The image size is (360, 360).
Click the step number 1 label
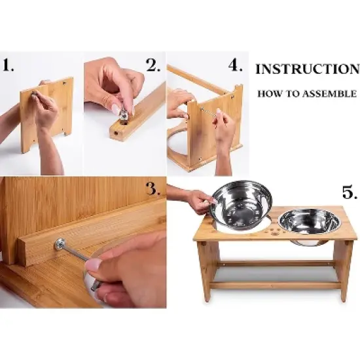(x=9, y=65)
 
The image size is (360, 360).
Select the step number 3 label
(x=153, y=189)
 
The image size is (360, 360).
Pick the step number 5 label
(x=350, y=192)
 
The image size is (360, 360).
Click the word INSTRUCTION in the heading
(x=308, y=69)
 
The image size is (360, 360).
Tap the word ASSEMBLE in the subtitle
(x=330, y=94)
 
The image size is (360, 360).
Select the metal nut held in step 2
(x=123, y=115)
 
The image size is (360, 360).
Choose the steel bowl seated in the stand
(x=309, y=225)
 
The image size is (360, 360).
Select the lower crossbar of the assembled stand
(x=276, y=285)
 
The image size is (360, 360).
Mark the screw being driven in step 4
(x=208, y=111)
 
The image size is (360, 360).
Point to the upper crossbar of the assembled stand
(x=276, y=264)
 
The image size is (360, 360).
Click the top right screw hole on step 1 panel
(x=63, y=82)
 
